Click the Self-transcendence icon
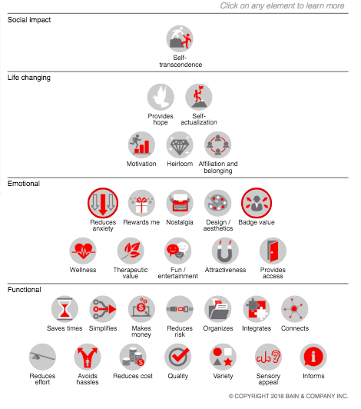click(180, 39)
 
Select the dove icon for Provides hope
click(161, 97)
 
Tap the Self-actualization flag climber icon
click(199, 97)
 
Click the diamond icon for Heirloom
click(180, 145)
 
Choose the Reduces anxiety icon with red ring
click(103, 203)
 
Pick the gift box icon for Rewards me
click(141, 203)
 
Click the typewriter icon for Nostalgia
click(180, 203)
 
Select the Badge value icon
click(257, 203)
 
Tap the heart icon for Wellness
click(83, 251)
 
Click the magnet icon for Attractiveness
click(225, 251)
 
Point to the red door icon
click(273, 251)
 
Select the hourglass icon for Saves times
click(65, 309)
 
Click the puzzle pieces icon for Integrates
click(257, 309)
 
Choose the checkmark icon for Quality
click(177, 357)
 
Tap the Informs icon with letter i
click(313, 357)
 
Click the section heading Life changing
click(29, 78)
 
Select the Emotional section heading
click(24, 184)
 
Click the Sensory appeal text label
click(268, 379)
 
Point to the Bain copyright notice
click(288, 396)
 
